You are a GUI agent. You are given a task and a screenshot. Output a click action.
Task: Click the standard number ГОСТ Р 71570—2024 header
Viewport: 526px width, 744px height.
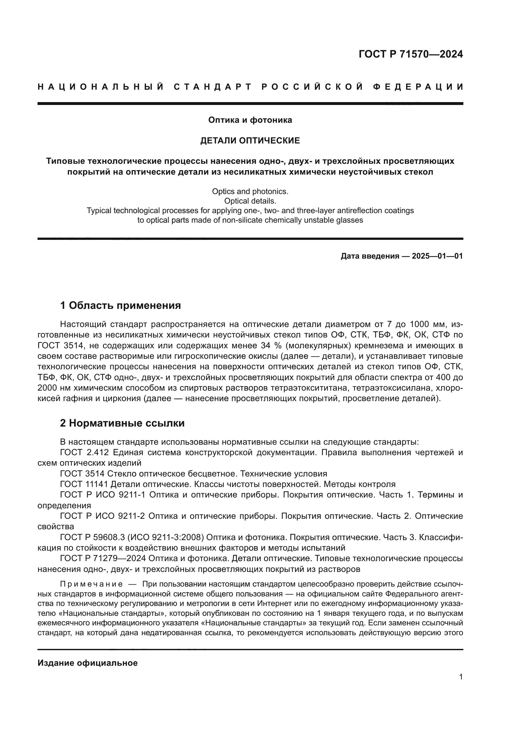pyautogui.click(x=411, y=54)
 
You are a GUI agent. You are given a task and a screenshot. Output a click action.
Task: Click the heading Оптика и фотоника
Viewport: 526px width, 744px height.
pyautogui.click(x=250, y=120)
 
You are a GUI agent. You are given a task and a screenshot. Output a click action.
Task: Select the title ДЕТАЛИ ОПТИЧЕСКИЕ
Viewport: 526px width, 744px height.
pyautogui.click(x=250, y=141)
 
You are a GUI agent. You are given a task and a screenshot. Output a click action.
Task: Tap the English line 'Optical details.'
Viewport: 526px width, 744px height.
pyautogui.click(x=250, y=201)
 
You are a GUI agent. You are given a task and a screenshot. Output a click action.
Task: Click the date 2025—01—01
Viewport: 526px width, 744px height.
pyautogui.click(x=437, y=256)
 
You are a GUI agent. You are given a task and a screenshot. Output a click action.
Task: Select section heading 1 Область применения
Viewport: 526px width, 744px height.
pyautogui.click(x=121, y=306)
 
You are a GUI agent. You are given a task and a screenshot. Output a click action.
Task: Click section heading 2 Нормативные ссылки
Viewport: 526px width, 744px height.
pyautogui.click(x=122, y=423)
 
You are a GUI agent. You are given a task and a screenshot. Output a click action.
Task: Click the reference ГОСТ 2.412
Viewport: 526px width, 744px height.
pyautogui.click(x=82, y=453)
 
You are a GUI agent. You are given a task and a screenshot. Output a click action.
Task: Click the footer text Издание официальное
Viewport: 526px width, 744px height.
pyautogui.click(x=87, y=663)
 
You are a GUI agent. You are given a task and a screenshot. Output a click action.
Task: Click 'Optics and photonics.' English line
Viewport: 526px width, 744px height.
pyautogui.click(x=250, y=191)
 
